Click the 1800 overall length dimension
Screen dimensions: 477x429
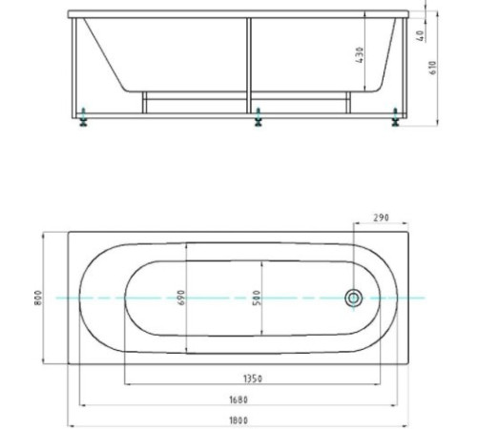(238, 420)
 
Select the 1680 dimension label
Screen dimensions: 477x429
(238, 399)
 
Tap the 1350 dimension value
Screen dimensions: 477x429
(253, 378)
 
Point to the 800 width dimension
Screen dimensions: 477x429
(38, 297)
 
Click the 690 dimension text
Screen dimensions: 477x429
(181, 297)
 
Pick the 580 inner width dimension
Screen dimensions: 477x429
(257, 297)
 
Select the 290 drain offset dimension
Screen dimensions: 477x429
(381, 217)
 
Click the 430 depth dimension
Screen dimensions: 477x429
(360, 54)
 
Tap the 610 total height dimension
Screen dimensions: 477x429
(433, 68)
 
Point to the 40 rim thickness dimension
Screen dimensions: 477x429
(420, 35)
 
